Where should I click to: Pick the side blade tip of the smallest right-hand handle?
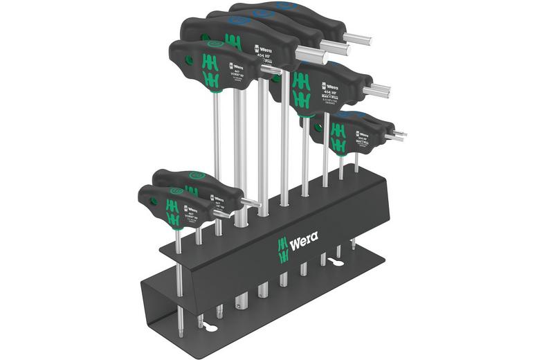pos(399,134)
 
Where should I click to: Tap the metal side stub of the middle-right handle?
pos(381,90)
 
